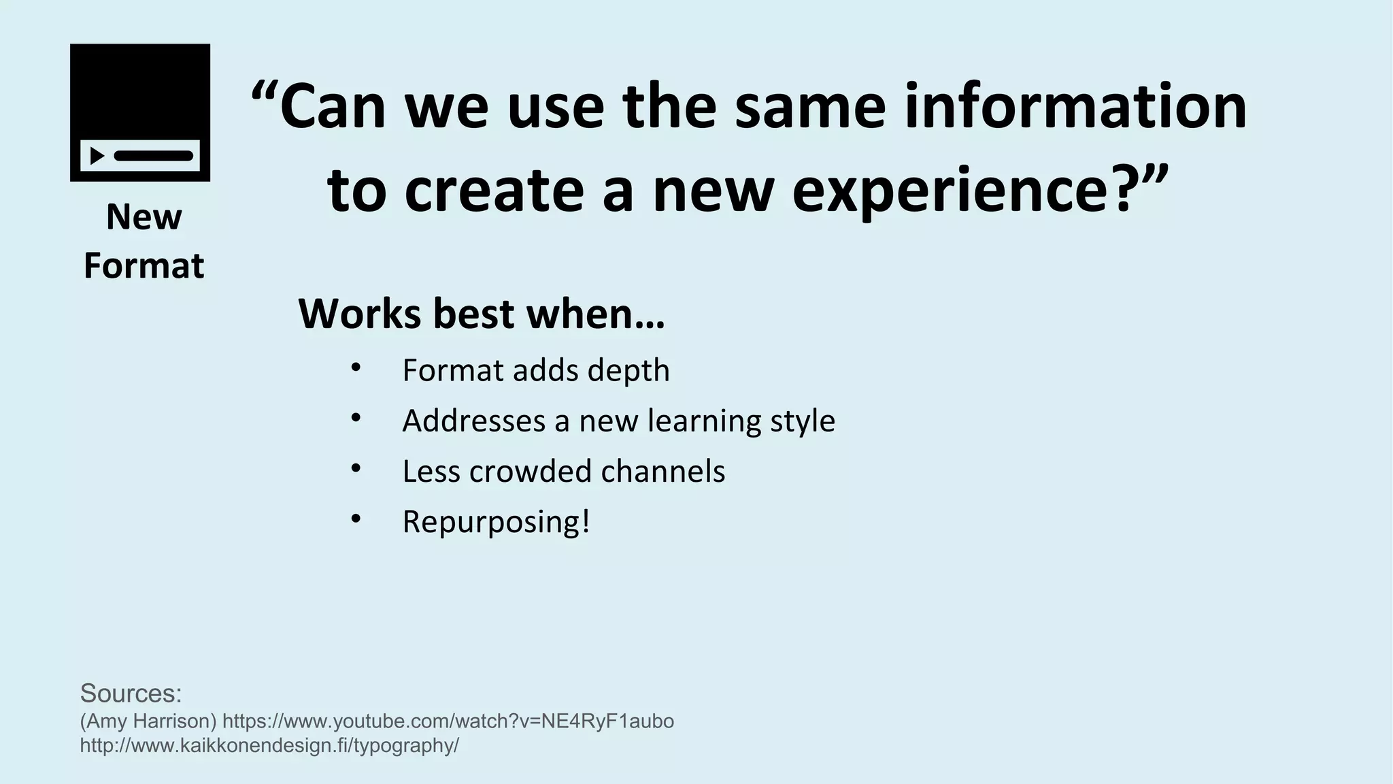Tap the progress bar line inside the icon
154,156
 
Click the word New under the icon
144,218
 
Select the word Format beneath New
144,265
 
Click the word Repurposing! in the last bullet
496,523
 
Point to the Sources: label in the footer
131,693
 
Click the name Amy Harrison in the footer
148,721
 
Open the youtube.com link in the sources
448,721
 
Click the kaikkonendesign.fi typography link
269,746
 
